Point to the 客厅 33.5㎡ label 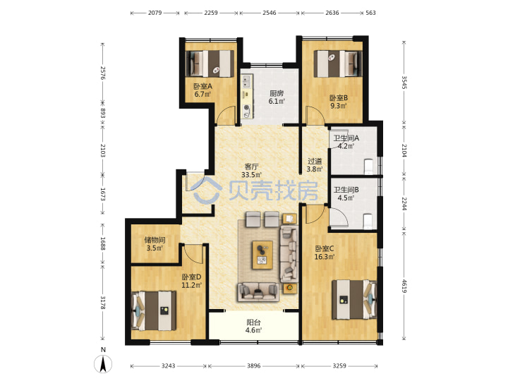coord(251,171)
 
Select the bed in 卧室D coord(154,310)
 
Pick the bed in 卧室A coord(210,64)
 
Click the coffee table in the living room coord(262,255)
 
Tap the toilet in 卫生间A coord(368,166)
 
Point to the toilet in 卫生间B coord(368,222)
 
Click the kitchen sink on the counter coord(247,81)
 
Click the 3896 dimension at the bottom coord(254,365)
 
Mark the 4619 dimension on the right coord(404,286)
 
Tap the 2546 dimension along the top coord(270,13)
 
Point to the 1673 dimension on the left coord(103,194)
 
